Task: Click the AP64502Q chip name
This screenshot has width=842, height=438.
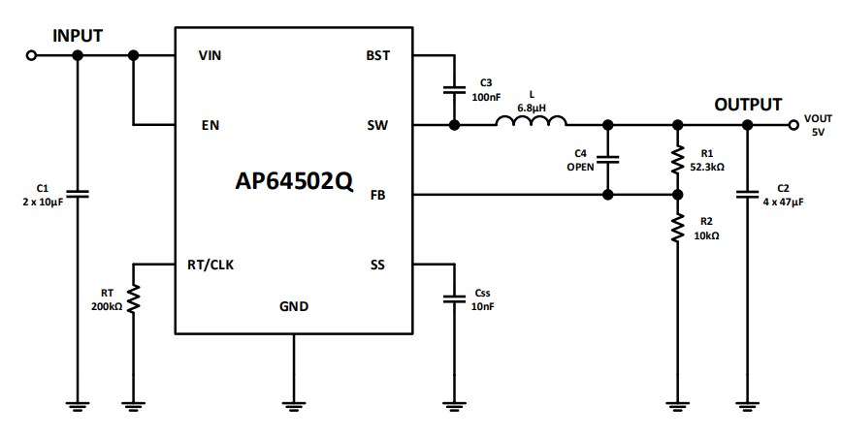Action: coord(294,181)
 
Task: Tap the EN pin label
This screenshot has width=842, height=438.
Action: coord(210,125)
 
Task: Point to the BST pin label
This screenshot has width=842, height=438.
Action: coord(378,55)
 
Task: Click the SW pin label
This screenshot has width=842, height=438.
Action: coord(378,125)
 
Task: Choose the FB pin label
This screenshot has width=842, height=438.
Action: coord(379,195)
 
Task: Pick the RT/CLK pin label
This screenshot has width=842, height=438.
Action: coord(210,265)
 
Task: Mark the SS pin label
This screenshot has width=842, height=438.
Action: coord(378,265)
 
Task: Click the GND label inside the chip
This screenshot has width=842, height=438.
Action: coord(294,306)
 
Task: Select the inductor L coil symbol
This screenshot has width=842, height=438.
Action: coord(531,122)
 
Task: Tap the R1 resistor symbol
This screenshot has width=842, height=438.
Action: coord(678,160)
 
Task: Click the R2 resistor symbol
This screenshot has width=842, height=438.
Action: coord(678,229)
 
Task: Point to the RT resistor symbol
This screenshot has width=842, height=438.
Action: coord(134,298)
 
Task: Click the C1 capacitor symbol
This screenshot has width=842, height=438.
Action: coord(78,194)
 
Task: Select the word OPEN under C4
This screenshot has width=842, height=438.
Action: coord(580,167)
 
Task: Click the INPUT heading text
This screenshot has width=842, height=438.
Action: coord(78,36)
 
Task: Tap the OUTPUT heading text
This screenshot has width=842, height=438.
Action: coord(748,105)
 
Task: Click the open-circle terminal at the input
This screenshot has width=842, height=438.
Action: coord(31,56)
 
